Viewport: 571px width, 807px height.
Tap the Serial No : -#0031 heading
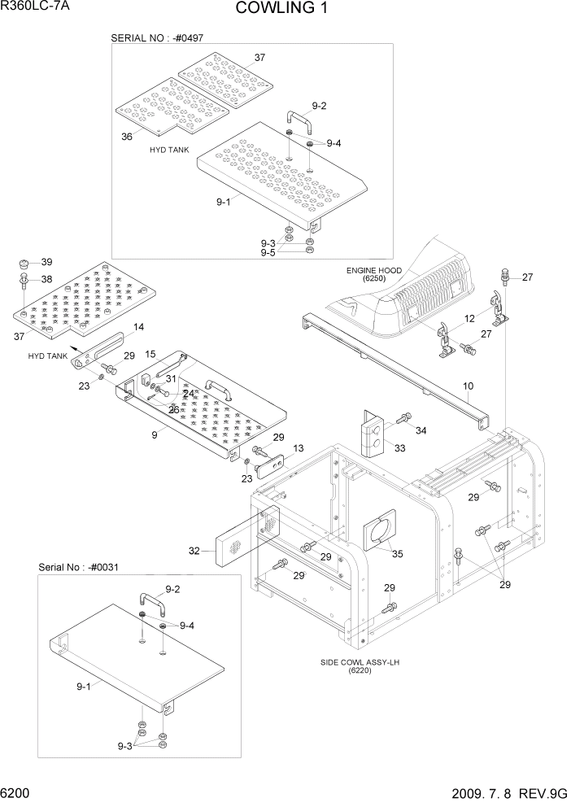(78, 567)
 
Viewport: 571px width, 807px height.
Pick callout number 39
(47, 262)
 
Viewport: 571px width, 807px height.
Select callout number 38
(47, 278)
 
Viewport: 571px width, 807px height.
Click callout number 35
(397, 556)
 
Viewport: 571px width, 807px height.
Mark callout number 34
(421, 430)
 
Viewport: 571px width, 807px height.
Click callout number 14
(139, 327)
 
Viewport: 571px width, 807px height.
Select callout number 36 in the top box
(127, 137)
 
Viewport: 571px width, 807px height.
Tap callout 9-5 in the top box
(268, 254)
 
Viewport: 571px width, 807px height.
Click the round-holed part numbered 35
(377, 533)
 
